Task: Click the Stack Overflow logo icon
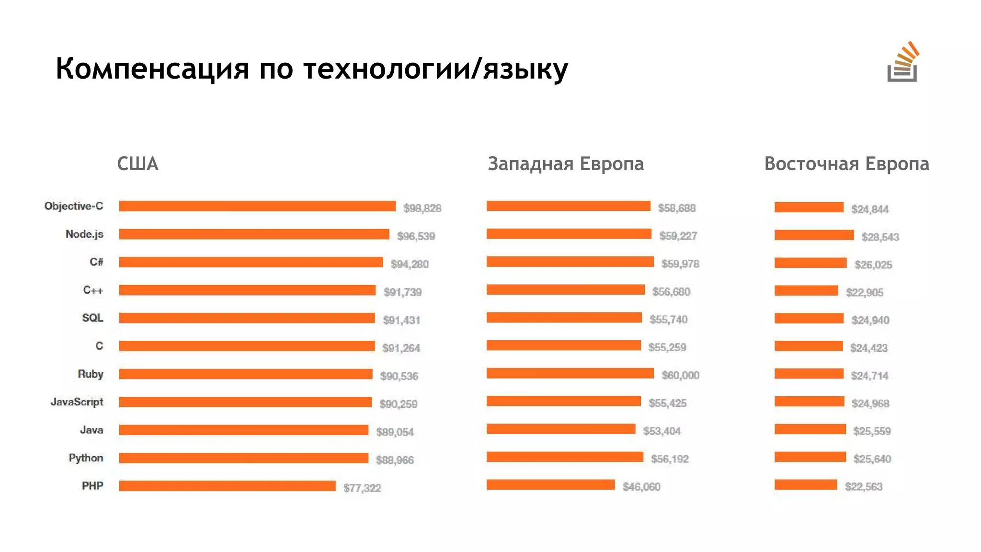(x=902, y=63)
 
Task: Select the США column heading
(x=137, y=164)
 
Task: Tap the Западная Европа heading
(x=566, y=164)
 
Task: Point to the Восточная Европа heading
(x=846, y=164)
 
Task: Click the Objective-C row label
(x=74, y=206)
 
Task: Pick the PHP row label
(x=92, y=486)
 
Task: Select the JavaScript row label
(x=77, y=402)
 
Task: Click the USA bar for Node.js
(x=254, y=234)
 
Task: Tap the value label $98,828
(x=422, y=208)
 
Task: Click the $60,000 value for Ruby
(x=680, y=375)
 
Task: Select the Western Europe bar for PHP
(x=550, y=485)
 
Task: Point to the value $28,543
(x=880, y=237)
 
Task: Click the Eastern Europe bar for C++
(x=806, y=291)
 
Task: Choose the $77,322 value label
(x=362, y=488)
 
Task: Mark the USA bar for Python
(x=243, y=458)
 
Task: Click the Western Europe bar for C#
(x=570, y=262)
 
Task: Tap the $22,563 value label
(x=863, y=487)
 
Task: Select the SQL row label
(x=92, y=318)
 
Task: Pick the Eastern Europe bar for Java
(x=810, y=429)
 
